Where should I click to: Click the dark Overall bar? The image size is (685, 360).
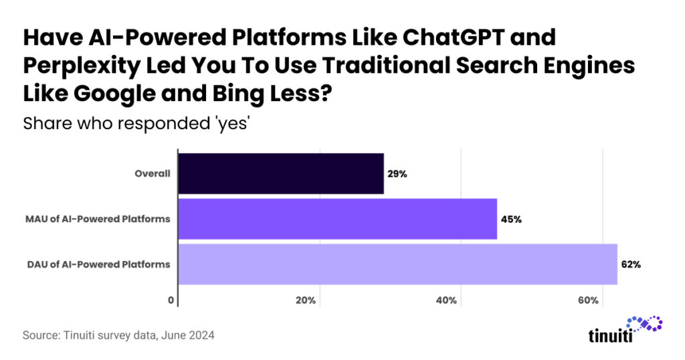click(280, 174)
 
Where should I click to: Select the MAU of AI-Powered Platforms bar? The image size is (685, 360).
click(337, 219)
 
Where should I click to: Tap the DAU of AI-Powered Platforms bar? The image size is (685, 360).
click(397, 264)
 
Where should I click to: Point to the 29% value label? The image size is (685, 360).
click(397, 174)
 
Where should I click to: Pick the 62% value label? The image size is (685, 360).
click(630, 264)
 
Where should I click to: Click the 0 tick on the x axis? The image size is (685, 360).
click(171, 300)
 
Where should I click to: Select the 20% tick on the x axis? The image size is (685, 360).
click(306, 300)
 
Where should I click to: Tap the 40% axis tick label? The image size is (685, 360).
click(447, 300)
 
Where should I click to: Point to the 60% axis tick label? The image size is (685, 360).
click(588, 300)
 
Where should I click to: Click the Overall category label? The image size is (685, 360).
click(152, 174)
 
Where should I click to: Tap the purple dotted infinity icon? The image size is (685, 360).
click(642, 325)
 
